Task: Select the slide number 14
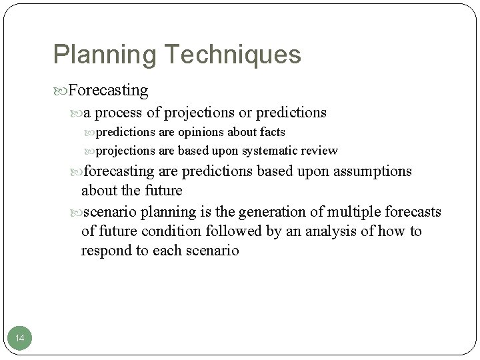coord(20,339)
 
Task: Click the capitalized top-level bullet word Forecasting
coord(108,89)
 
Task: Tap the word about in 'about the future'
coord(99,191)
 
